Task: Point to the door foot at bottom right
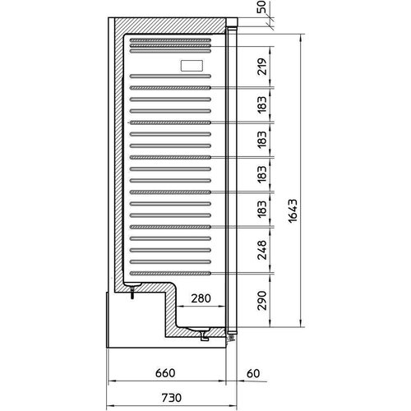click(231, 335)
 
